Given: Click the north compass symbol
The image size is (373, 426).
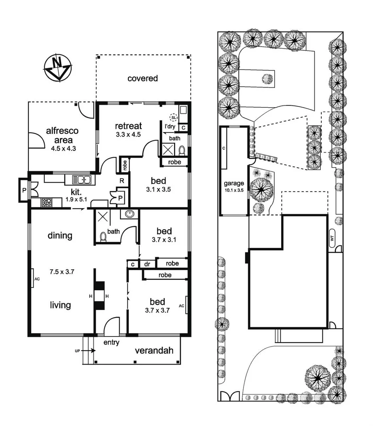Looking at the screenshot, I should point(58,67).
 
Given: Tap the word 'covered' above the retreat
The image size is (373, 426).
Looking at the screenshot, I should point(142,79).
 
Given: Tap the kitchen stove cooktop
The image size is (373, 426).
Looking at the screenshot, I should point(47,202).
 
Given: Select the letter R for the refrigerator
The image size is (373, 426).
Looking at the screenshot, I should point(121,181).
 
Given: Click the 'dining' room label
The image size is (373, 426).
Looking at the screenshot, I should point(60,235).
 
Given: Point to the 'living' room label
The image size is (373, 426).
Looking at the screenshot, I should point(61,305).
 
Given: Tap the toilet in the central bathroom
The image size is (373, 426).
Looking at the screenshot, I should point(103,236).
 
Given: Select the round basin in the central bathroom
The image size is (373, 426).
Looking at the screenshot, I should point(129,215).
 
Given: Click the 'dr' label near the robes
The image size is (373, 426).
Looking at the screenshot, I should point(147,264).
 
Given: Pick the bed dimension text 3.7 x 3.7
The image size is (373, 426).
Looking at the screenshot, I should point(157,311).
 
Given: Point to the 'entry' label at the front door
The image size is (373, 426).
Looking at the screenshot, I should point(111,343).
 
